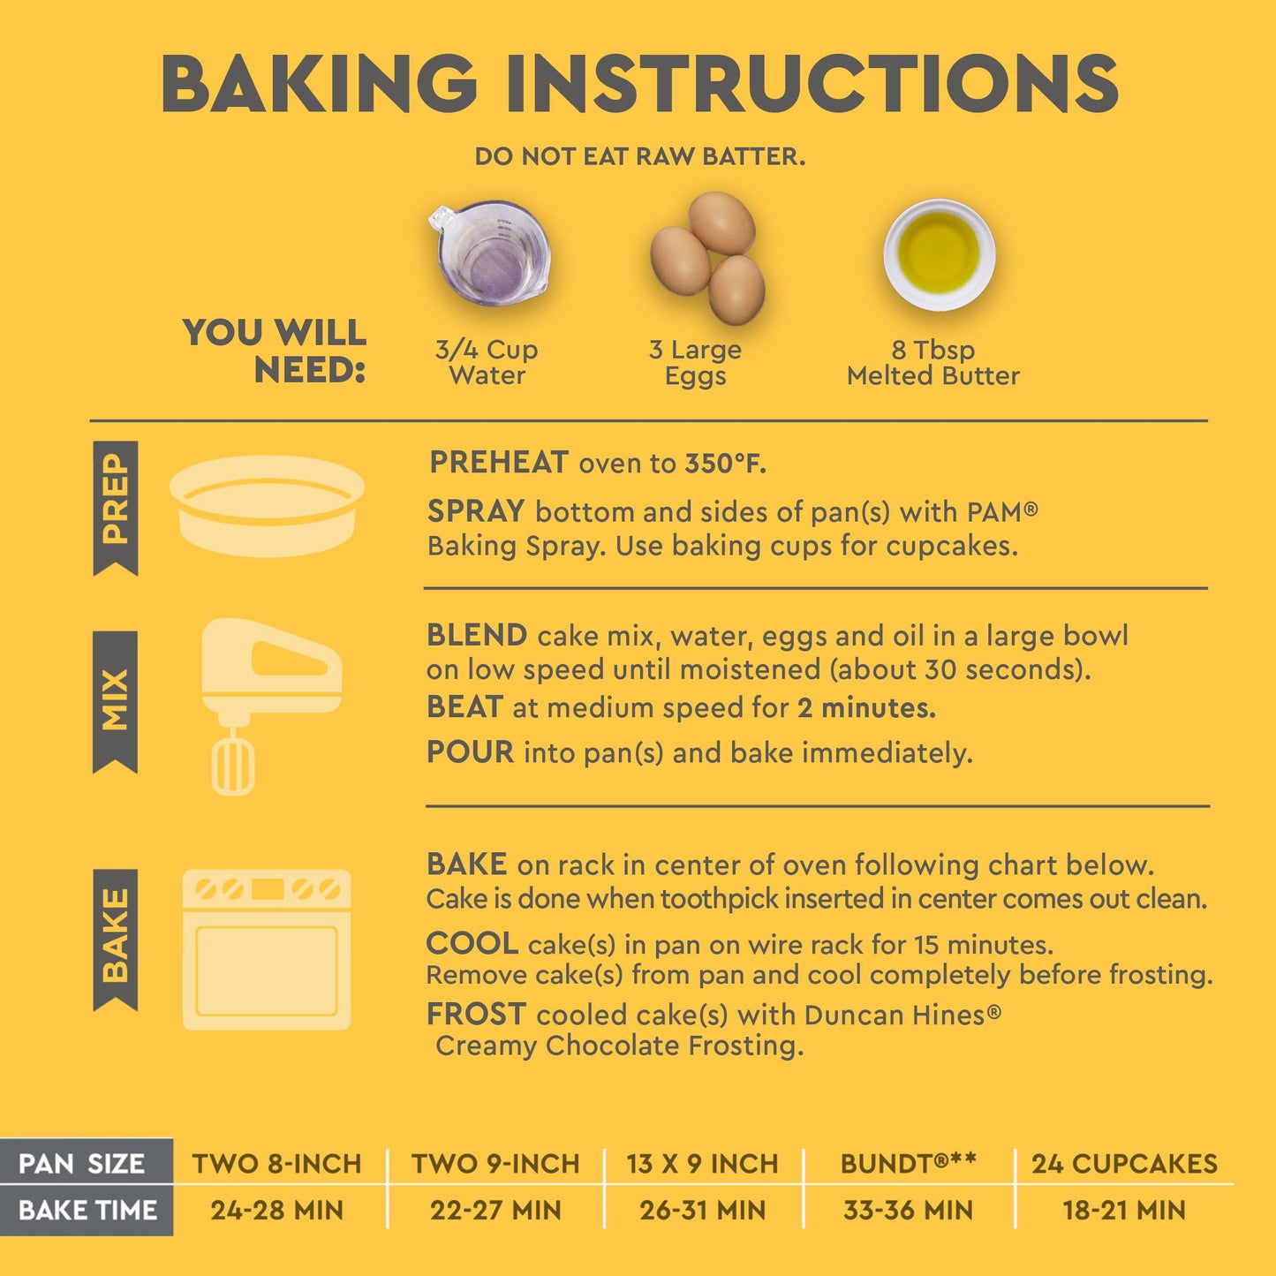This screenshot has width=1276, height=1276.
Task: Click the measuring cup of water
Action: coord(490,253)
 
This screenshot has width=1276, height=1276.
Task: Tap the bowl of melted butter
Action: coord(939,254)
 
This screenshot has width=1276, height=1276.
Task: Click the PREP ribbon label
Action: coord(115,508)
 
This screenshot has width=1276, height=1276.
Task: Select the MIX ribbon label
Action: coord(115,702)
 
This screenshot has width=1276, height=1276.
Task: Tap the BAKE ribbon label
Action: coord(115,940)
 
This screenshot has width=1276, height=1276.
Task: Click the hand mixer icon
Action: coord(271,706)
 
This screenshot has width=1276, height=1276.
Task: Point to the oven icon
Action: coord(266,949)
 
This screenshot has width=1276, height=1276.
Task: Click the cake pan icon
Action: coord(267,505)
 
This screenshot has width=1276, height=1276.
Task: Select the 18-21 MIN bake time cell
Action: coord(1124,1211)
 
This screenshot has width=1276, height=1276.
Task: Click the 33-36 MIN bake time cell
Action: coord(908,1211)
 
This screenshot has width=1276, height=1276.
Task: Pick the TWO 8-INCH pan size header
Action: coord(276,1164)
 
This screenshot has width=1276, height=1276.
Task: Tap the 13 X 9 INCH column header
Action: coord(703,1164)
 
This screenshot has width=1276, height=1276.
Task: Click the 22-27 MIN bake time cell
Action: coord(495,1211)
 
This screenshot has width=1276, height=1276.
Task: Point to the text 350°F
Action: coord(726,464)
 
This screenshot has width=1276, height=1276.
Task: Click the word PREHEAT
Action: coord(499,462)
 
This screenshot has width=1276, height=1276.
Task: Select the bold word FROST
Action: coord(476,1014)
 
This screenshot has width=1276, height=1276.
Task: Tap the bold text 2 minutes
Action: coord(866,708)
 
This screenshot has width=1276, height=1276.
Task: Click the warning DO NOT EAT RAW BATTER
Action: coord(639,157)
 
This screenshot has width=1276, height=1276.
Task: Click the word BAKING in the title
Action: coord(319,83)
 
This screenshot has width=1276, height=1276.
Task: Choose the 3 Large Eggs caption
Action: coord(695,362)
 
